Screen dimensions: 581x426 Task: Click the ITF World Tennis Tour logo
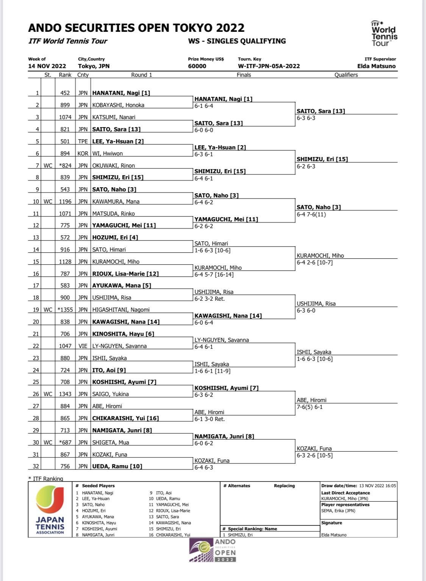coord(384,34)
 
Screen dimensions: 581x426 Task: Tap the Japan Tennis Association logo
coord(50,510)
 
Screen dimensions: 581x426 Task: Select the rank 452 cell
coord(65,93)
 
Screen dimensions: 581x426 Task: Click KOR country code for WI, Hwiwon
coord(83,154)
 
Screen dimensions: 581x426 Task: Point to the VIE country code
coord(83,346)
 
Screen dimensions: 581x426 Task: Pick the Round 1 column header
coord(142,75)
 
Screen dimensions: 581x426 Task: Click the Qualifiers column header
coord(346,75)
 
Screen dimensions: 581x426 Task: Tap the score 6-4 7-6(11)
coord(311,214)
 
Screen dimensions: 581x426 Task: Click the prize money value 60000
coord(197,66)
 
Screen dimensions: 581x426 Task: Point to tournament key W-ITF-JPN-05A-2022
coord(269,66)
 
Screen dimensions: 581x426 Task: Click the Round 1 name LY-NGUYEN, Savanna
coord(119,346)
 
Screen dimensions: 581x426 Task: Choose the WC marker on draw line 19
coord(48,310)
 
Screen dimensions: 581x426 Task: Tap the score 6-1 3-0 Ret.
coord(209,419)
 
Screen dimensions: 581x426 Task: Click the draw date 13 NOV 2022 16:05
coord(378,486)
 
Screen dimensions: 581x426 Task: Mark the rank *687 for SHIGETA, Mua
coord(65,443)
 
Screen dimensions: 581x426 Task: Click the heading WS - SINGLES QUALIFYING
coord(237,41)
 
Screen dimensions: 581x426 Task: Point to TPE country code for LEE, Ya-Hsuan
coord(83,141)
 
